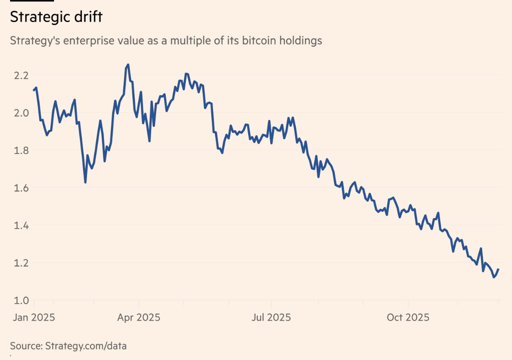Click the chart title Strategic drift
(x=56, y=17)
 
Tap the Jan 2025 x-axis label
(x=33, y=317)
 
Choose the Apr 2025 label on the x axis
(x=139, y=317)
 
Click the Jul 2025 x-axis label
(x=271, y=317)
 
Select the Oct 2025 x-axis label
(x=408, y=317)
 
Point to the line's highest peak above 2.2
(x=128, y=65)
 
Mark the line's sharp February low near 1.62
(x=85, y=182)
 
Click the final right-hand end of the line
(x=498, y=269)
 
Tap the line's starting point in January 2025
(x=34, y=90)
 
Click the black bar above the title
(x=32, y=1)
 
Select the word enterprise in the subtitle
(x=85, y=41)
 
